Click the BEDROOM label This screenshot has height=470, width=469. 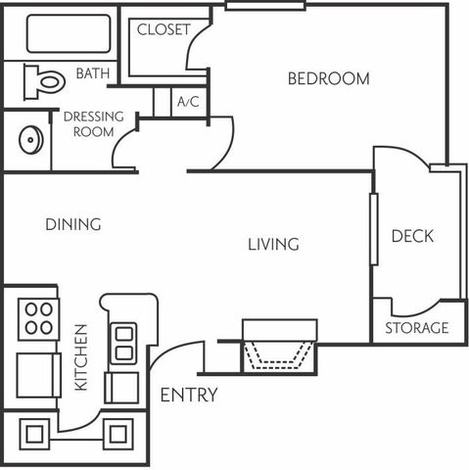click(x=329, y=78)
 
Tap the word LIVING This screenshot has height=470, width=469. click(x=273, y=245)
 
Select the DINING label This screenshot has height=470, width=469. click(x=73, y=224)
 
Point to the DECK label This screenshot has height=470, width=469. click(x=412, y=236)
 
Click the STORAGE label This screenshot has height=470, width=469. click(x=417, y=328)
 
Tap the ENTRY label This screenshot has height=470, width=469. click(x=189, y=395)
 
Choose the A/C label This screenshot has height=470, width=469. click(x=188, y=102)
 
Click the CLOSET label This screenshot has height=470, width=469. click(x=164, y=29)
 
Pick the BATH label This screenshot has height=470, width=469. click(x=93, y=73)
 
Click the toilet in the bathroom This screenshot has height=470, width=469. click(x=44, y=81)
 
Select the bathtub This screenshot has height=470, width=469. click(x=69, y=33)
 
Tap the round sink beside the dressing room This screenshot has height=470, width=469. click(x=31, y=140)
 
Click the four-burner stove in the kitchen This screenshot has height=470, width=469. click(x=39, y=319)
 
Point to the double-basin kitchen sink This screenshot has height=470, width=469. click(x=123, y=343)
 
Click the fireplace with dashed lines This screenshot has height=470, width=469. click(x=279, y=347)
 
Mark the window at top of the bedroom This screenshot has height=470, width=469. click(x=265, y=5)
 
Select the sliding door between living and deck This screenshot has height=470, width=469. click(x=374, y=229)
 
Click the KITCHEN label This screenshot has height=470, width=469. click(x=81, y=357)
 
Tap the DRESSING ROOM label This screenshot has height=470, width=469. click(x=94, y=124)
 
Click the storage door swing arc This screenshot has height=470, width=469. click(x=416, y=312)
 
